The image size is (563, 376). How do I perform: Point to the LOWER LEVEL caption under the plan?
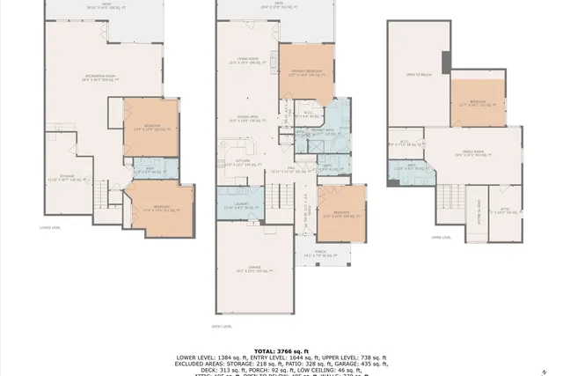click(49, 226)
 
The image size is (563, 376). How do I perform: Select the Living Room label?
click(245, 62)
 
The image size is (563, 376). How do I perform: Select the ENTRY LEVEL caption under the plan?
click(222, 327)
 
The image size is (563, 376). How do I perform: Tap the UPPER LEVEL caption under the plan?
click(454, 237)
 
